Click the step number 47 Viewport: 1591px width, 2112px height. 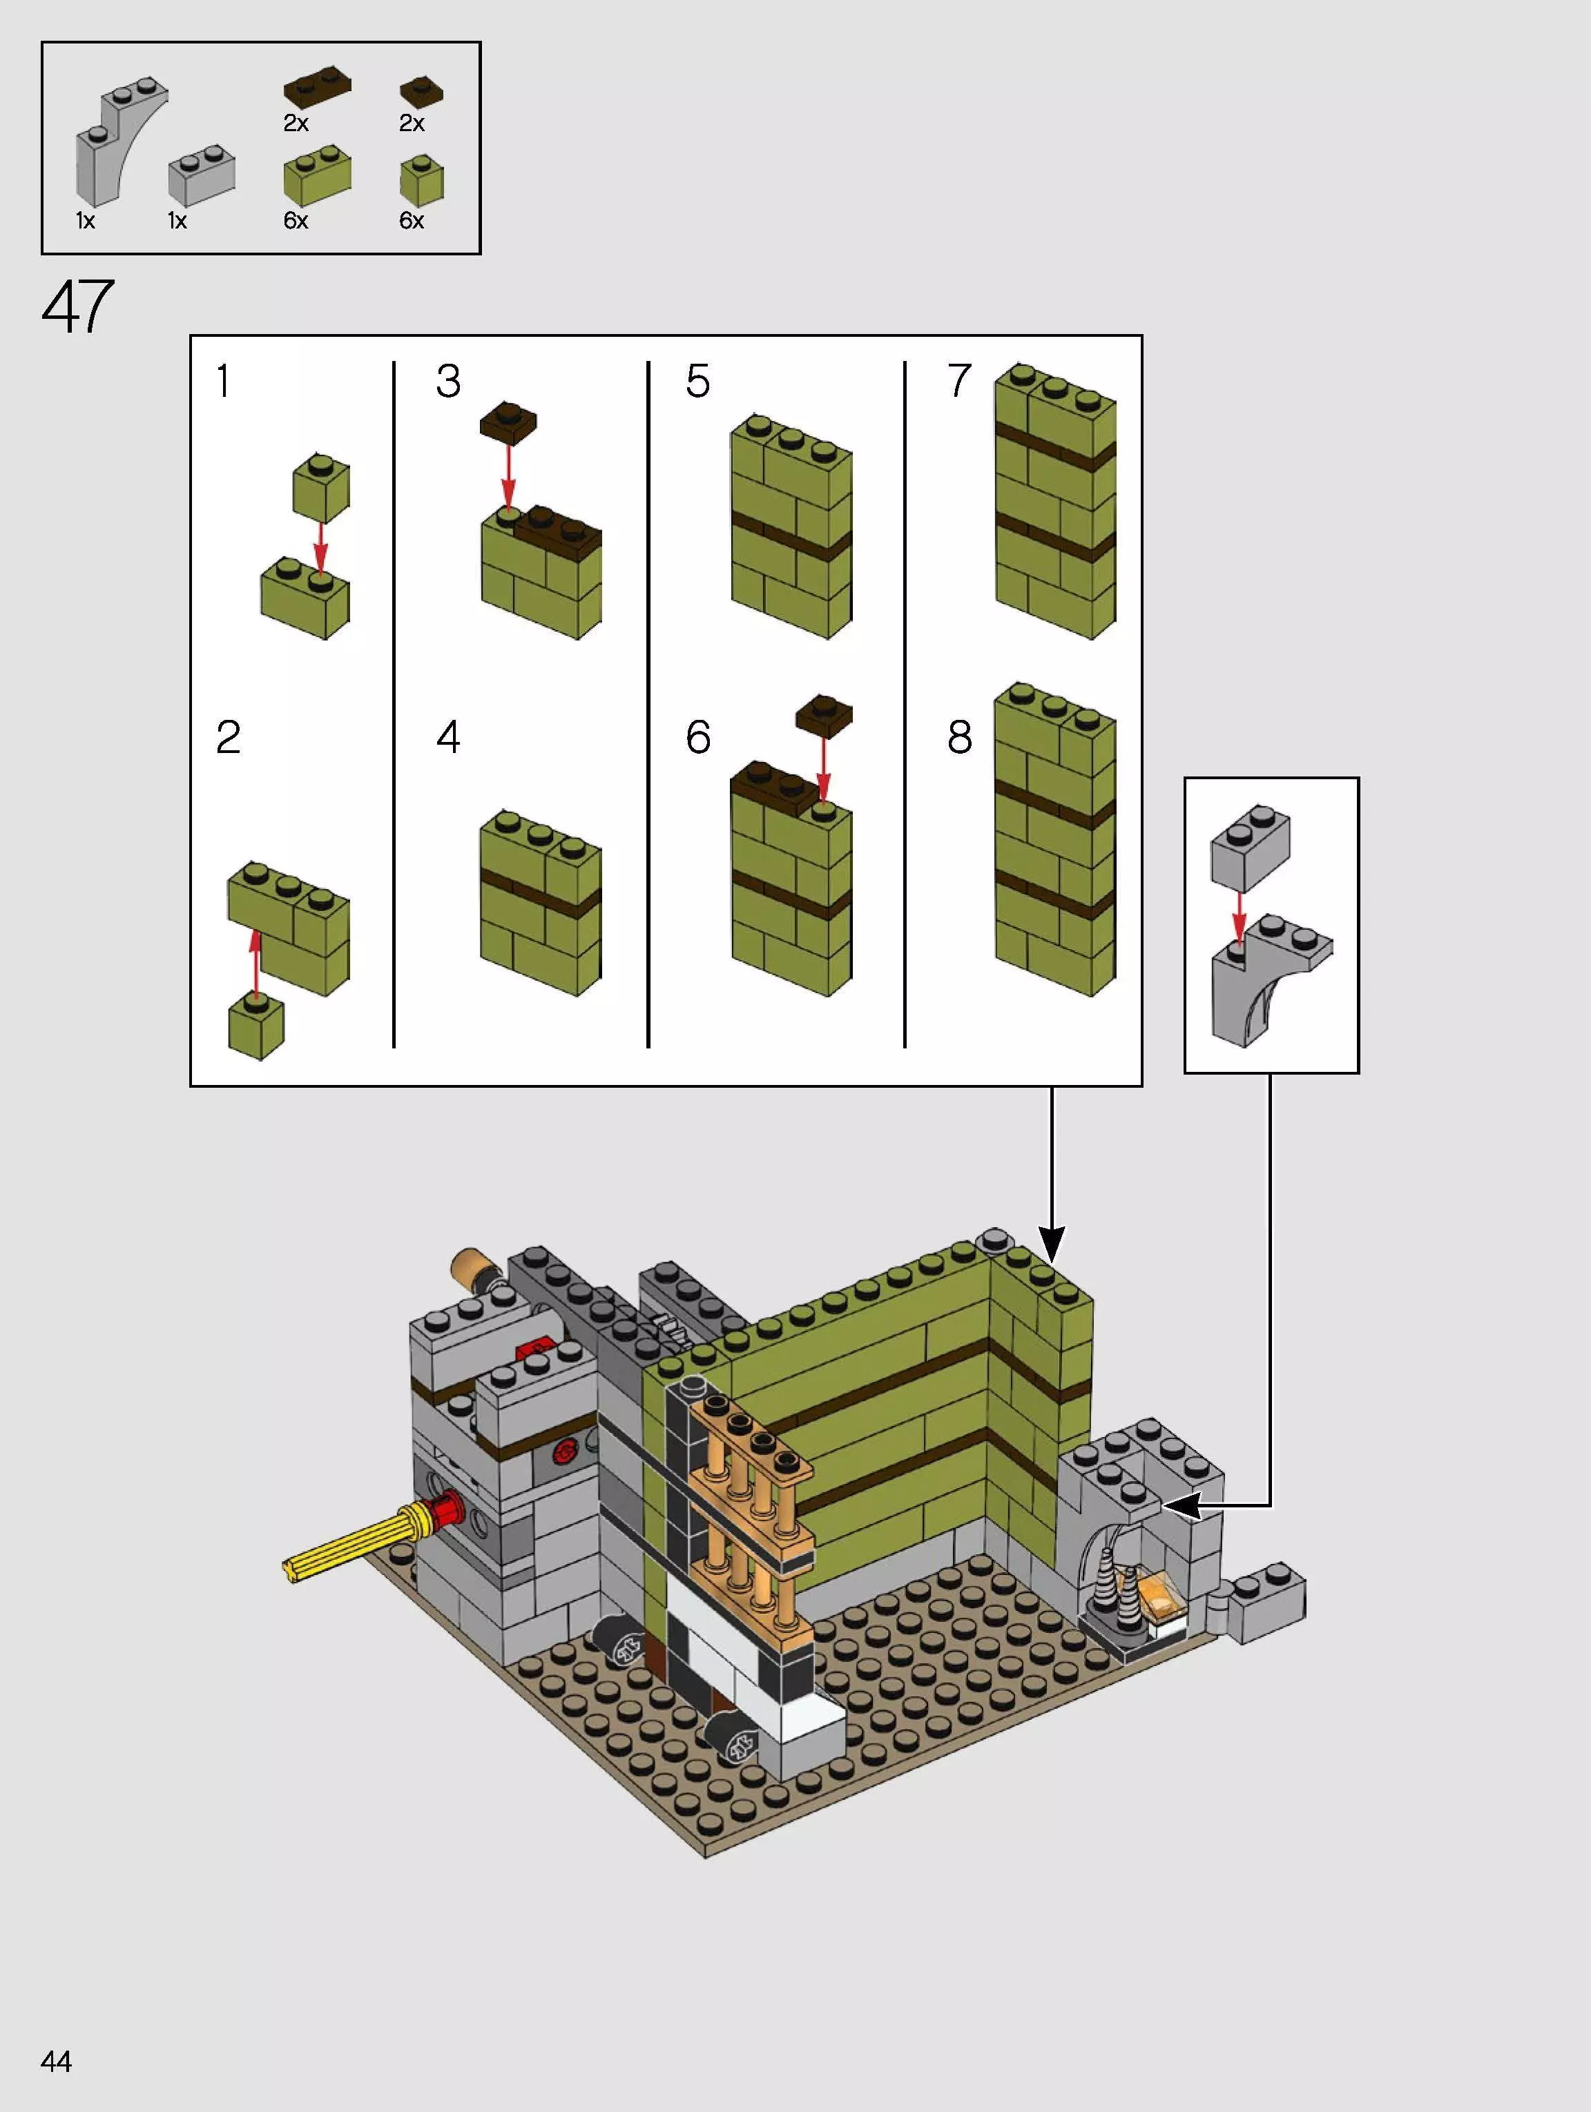[x=77, y=306]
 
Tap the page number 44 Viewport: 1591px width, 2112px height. [x=57, y=2062]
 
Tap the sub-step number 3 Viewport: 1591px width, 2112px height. [x=448, y=381]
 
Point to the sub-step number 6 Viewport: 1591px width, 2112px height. [x=697, y=737]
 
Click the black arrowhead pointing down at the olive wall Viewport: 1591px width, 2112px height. [x=1052, y=1245]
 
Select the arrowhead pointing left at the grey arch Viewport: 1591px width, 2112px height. [x=1182, y=1506]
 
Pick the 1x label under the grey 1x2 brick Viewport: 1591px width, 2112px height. [x=177, y=221]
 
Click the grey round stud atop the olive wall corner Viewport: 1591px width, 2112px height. [x=994, y=1240]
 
